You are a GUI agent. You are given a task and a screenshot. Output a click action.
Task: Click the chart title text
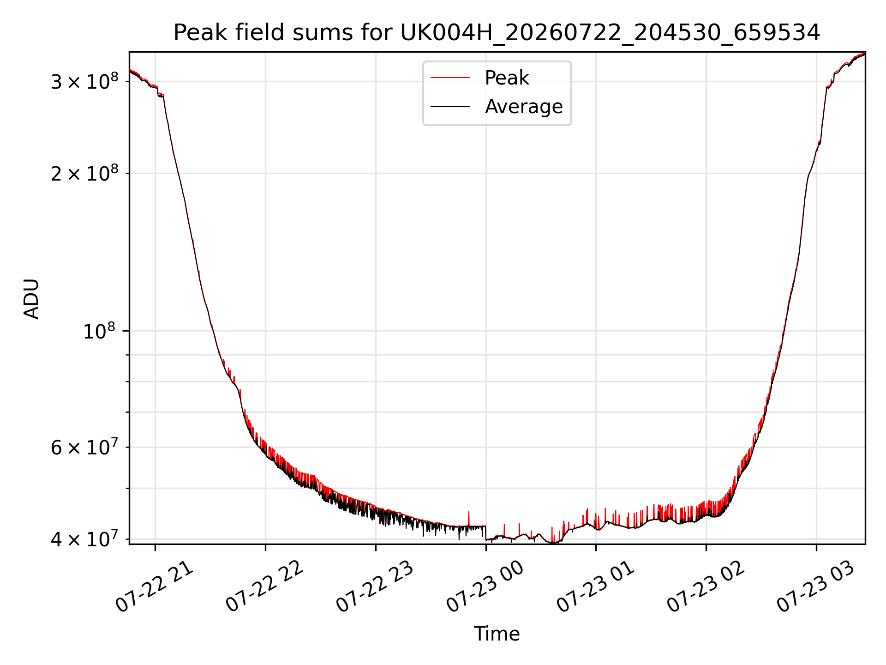(x=497, y=33)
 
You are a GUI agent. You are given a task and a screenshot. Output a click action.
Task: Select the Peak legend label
(x=507, y=78)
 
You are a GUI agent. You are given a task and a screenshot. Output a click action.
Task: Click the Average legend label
(x=524, y=107)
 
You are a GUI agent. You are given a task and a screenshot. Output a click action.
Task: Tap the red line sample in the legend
(x=450, y=78)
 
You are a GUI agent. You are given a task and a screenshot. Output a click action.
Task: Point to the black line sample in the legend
(x=450, y=107)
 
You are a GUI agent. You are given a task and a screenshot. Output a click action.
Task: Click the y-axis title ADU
(x=31, y=298)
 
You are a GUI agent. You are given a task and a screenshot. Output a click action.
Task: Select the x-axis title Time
(x=497, y=634)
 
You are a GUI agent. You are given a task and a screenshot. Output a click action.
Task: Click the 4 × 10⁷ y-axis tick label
(x=84, y=538)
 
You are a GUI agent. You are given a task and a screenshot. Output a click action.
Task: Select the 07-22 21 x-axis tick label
(x=154, y=586)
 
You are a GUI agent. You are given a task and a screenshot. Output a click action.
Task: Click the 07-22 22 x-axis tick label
(x=264, y=586)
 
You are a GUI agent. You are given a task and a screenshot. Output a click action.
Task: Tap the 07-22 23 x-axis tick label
(x=375, y=586)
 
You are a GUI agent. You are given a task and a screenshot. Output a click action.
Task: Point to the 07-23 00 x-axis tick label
(x=485, y=586)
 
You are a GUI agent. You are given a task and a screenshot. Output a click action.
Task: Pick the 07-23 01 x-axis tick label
(x=595, y=586)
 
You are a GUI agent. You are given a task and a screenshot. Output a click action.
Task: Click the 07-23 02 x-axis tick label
(x=706, y=586)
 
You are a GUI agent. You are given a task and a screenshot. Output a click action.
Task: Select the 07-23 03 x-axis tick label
(x=816, y=586)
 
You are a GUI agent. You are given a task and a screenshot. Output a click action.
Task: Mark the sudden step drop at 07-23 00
(x=485, y=532)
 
